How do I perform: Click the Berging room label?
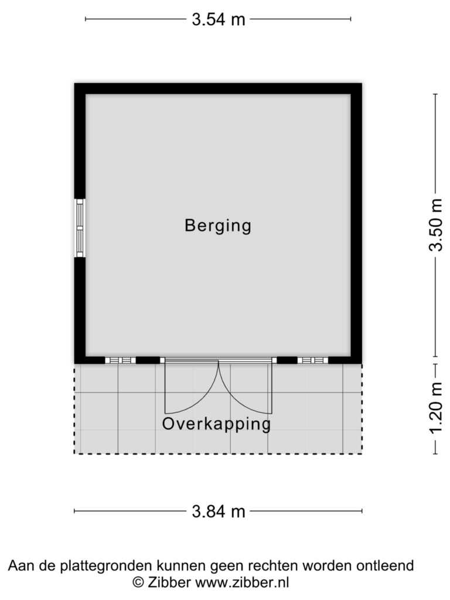pyautogui.click(x=218, y=226)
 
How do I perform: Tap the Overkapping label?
pyautogui.click(x=217, y=424)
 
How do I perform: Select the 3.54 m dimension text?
pyautogui.click(x=219, y=19)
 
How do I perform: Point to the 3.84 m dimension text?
pyautogui.click(x=219, y=511)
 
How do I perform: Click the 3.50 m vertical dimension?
pyautogui.click(x=435, y=225)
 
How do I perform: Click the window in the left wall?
pyautogui.click(x=80, y=228)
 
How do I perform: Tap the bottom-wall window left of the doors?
pyautogui.click(x=120, y=360)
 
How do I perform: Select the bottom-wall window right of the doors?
pyautogui.click(x=313, y=360)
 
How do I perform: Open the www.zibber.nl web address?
pyautogui.click(x=242, y=583)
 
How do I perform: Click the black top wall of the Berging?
pyautogui.click(x=218, y=89)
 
